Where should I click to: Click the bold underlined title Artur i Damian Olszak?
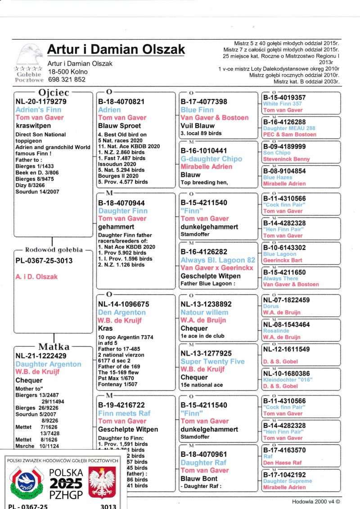(x=116, y=49)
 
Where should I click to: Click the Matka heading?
(x=54, y=347)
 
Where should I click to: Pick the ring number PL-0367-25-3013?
(x=44, y=261)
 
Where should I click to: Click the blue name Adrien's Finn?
(x=38, y=109)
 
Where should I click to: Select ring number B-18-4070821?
(x=121, y=102)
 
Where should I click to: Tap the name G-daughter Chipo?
(x=211, y=159)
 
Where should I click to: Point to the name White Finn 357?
(x=282, y=104)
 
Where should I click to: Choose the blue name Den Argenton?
(x=121, y=312)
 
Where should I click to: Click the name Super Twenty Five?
(x=212, y=361)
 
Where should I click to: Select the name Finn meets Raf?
(x=124, y=413)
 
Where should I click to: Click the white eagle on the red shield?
(x=102, y=482)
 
